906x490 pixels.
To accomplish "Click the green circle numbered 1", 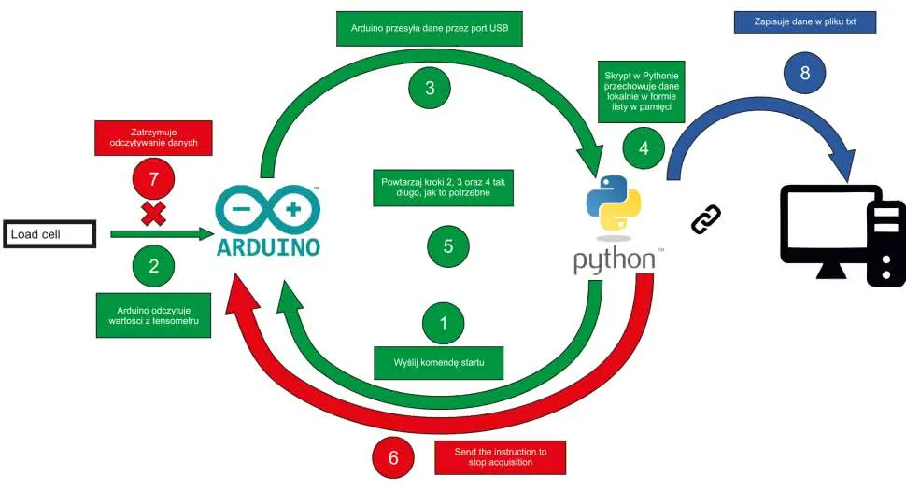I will (444, 323).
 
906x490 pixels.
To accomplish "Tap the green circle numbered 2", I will (154, 265).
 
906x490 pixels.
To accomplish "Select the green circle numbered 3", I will (430, 88).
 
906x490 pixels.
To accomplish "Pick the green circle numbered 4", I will (643, 147).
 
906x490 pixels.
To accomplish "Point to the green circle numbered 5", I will (448, 246).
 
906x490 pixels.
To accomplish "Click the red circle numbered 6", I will (393, 457).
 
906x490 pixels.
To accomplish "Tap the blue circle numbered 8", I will (805, 72).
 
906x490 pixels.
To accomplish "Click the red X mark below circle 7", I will (153, 215).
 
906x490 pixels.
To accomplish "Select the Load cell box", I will (50, 234).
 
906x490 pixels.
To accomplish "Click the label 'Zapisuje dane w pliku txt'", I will (805, 22).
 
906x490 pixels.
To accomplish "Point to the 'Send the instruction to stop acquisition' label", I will (501, 456).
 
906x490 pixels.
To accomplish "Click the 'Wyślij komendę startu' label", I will (439, 361).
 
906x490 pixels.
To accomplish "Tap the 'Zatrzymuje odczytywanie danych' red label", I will (153, 138).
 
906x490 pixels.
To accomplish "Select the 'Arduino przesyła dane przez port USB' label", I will (429, 28).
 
